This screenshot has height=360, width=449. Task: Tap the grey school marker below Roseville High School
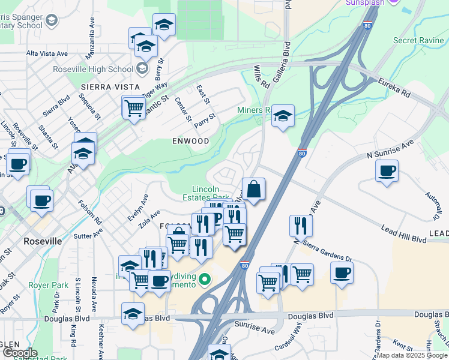coord(142,68)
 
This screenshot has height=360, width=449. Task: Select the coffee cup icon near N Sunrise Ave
coord(387,170)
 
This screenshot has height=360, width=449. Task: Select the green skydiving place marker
coord(205,279)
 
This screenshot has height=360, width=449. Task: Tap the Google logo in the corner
coord(19,353)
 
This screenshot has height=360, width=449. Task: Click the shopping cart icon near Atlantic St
coord(134,109)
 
